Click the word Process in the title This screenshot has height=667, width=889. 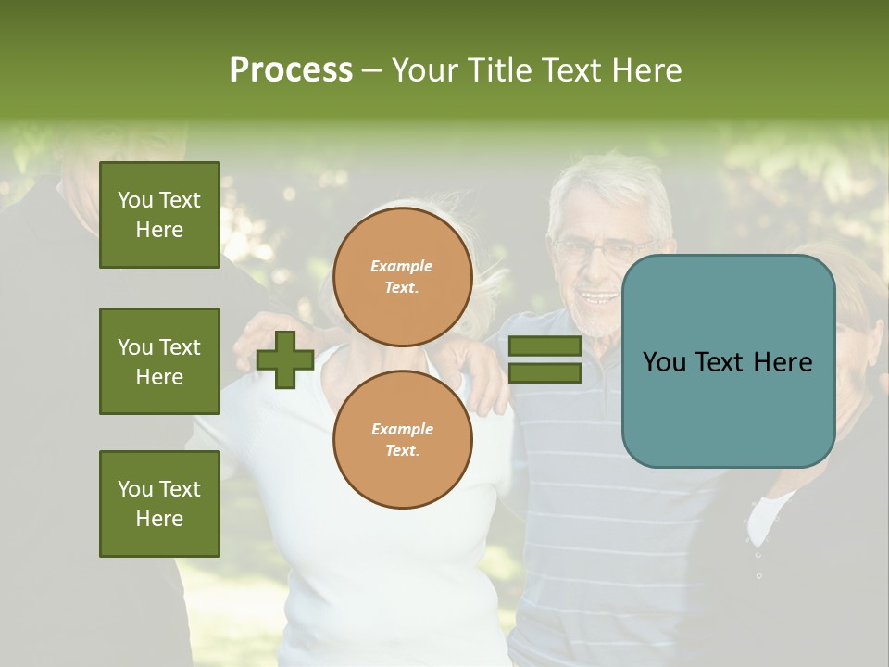[x=291, y=69]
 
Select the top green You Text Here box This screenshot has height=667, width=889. [x=159, y=215]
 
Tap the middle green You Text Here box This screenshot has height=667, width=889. [x=159, y=361]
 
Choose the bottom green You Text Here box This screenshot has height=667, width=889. [x=159, y=504]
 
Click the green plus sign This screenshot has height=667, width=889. [x=285, y=359]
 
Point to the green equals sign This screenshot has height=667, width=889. [x=545, y=359]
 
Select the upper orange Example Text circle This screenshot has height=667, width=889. [x=403, y=276]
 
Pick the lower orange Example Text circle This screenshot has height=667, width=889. [x=403, y=439]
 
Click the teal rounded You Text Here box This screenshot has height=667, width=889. [x=728, y=361]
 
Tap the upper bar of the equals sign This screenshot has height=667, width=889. [x=545, y=346]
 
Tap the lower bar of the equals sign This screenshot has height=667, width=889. [x=545, y=372]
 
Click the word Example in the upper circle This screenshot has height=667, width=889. [x=402, y=266]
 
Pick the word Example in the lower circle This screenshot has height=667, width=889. [x=402, y=429]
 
